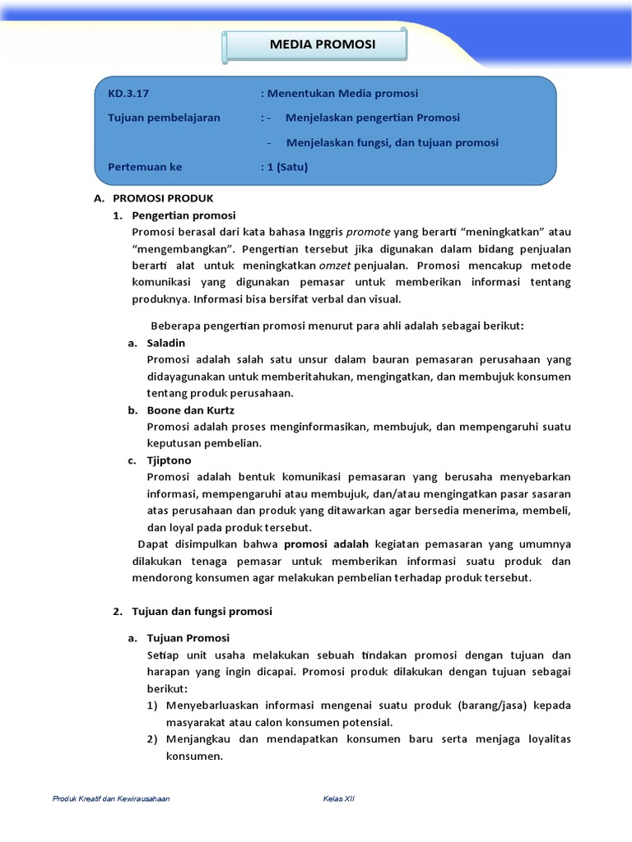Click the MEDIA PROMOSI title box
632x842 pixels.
point(316,44)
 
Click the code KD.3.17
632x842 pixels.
point(126,94)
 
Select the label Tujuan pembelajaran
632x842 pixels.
point(164,118)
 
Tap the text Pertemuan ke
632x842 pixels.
point(144,167)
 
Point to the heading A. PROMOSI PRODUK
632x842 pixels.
point(154,198)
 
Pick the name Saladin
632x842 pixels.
point(165,343)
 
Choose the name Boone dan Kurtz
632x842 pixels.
point(189,409)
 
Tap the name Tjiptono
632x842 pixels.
point(169,460)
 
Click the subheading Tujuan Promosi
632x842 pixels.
point(188,638)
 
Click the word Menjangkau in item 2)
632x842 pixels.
point(200,739)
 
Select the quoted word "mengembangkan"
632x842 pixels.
point(184,248)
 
